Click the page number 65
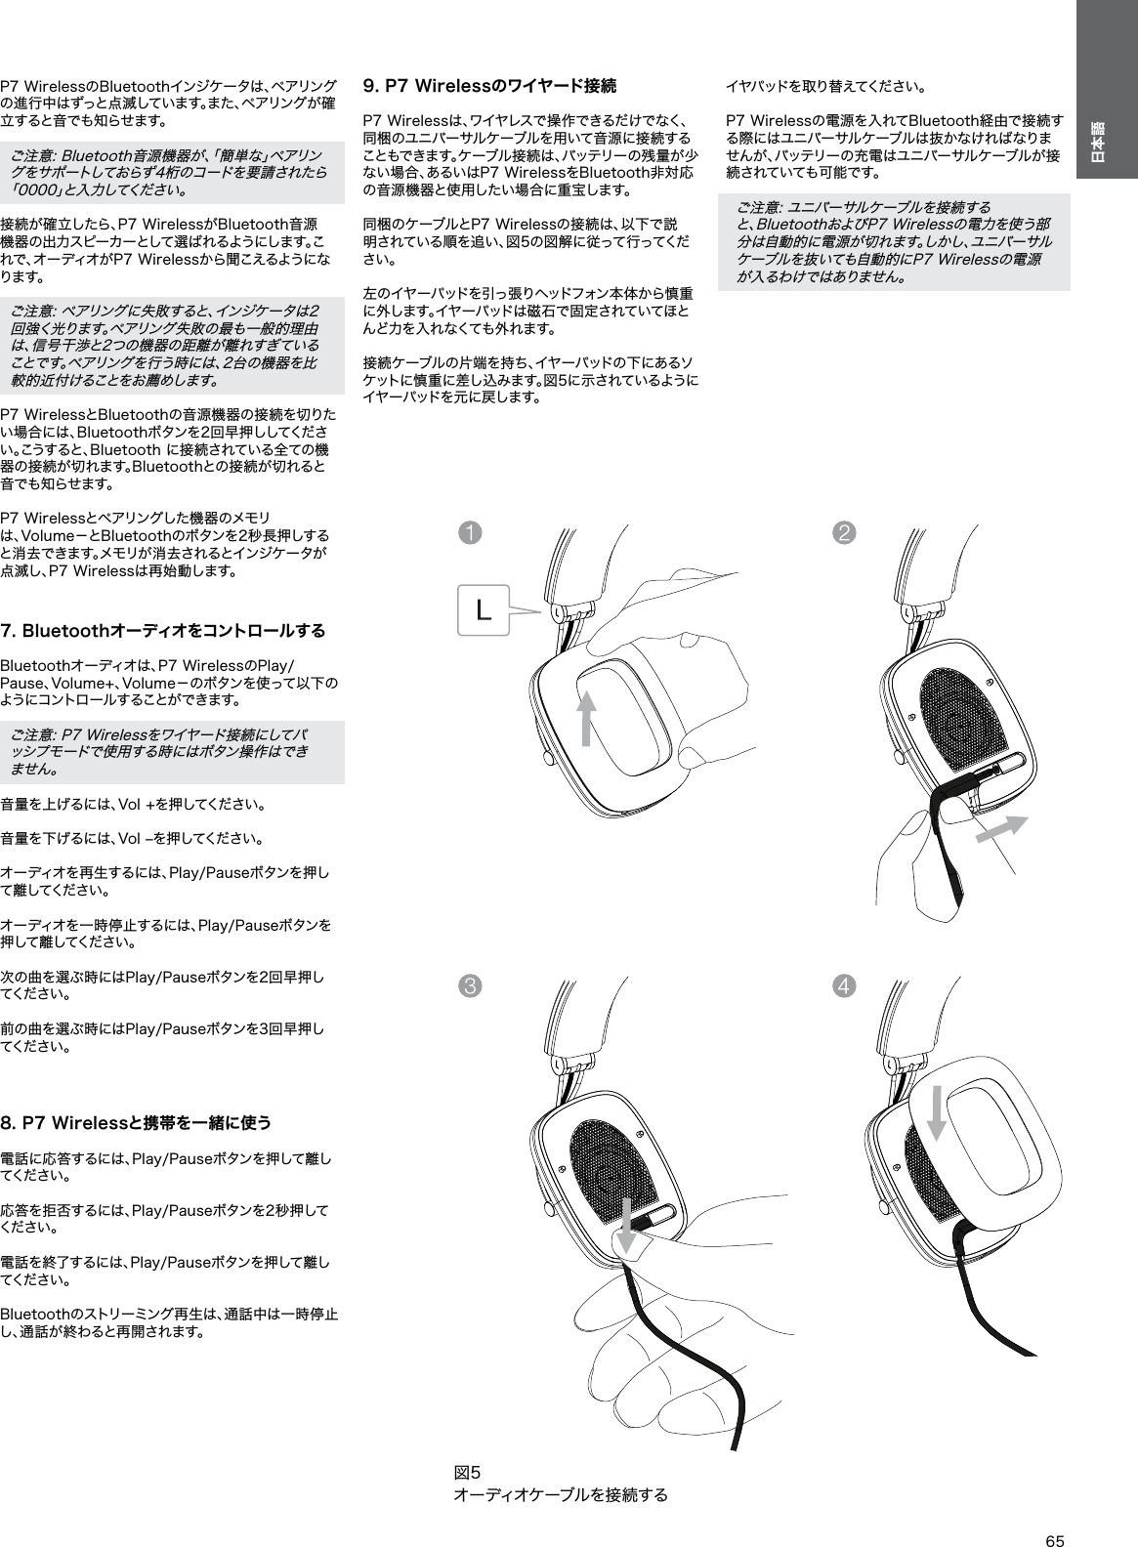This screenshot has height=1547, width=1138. pyautogui.click(x=1054, y=1514)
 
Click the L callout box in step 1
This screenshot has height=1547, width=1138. pyautogui.click(x=483, y=611)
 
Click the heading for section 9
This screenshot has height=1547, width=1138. pyautogui.click(x=488, y=86)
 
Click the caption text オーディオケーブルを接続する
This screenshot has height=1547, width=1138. pyautogui.click(x=562, y=1495)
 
